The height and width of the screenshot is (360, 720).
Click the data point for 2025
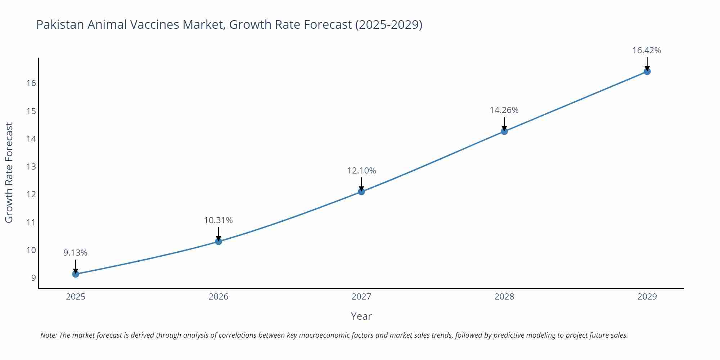click(76, 274)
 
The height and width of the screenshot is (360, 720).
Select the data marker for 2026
click(219, 241)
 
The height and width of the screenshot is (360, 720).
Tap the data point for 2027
click(361, 192)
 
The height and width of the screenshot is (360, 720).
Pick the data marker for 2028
click(504, 131)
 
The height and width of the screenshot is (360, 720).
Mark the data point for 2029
click(647, 71)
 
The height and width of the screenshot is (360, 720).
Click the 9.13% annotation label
click(76, 253)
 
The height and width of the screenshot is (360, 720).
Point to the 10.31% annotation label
click(219, 220)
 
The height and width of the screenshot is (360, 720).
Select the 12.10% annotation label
click(361, 171)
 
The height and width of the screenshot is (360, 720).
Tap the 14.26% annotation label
click(504, 110)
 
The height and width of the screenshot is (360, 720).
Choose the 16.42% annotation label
click(647, 50)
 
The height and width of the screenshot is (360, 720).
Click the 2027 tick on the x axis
click(361, 297)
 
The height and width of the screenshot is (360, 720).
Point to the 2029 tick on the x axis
click(647, 297)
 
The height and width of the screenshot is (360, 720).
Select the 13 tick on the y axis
click(31, 167)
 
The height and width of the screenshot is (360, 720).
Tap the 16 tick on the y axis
click(31, 83)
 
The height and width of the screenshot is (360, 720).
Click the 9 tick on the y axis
click(33, 278)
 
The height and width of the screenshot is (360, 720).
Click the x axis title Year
click(361, 316)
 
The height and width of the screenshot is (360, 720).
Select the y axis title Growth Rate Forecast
click(9, 172)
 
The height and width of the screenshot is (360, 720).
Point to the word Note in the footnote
click(48, 335)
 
